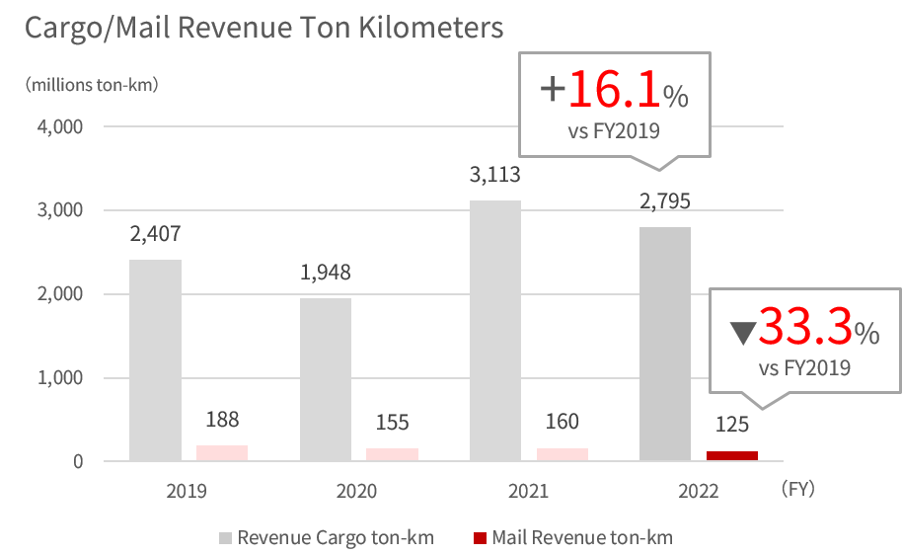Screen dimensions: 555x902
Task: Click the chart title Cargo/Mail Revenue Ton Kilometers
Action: point(263,28)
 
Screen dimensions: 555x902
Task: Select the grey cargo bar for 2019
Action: point(155,360)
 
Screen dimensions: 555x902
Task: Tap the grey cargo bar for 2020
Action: point(326,379)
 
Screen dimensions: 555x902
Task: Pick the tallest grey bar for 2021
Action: point(495,331)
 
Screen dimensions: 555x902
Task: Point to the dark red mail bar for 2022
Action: point(732,455)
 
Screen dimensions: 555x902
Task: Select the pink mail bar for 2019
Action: point(222,453)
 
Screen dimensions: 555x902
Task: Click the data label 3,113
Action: point(495,176)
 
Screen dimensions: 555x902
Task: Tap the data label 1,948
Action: point(326,273)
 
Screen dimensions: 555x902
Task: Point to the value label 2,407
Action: point(155,235)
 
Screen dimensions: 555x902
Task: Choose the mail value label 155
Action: point(392,423)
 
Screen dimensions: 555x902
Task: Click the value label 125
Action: point(732,426)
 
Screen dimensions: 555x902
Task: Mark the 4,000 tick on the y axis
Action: point(61,127)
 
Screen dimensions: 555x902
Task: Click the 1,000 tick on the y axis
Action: point(61,378)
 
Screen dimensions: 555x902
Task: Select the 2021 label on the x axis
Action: point(529,490)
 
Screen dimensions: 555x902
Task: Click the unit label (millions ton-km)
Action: point(92,84)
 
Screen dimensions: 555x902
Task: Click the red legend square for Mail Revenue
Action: point(481,538)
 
